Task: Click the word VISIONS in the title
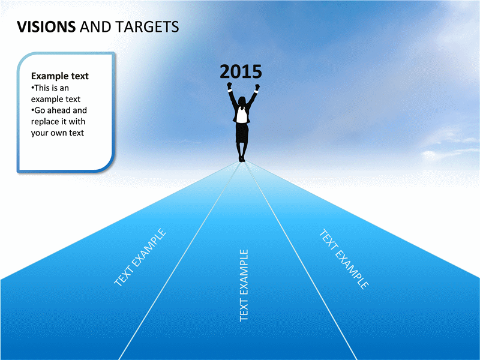pyautogui.click(x=46, y=26)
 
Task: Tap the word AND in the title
pyautogui.click(x=95, y=26)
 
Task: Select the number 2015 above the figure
pyautogui.click(x=241, y=71)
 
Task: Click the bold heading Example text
pyautogui.click(x=59, y=76)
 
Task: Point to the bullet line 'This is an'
pyautogui.click(x=50, y=88)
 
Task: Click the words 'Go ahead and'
pyautogui.click(x=59, y=110)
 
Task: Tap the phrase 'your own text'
pyautogui.click(x=57, y=133)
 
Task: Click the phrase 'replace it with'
pyautogui.click(x=58, y=122)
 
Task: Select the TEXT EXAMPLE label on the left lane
pyautogui.click(x=140, y=257)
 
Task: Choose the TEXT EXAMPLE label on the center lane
pyautogui.click(x=244, y=286)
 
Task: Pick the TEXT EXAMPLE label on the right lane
pyautogui.click(x=344, y=259)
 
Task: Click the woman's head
pyautogui.click(x=242, y=101)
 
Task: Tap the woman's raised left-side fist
pyautogui.click(x=229, y=85)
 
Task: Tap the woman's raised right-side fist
pyautogui.click(x=257, y=87)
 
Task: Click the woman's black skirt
pyautogui.click(x=242, y=133)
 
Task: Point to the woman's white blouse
pyautogui.click(x=242, y=115)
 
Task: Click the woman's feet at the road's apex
pyautogui.click(x=242, y=159)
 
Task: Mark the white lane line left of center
pyautogui.click(x=179, y=261)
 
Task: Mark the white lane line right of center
pyautogui.click(x=301, y=261)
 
